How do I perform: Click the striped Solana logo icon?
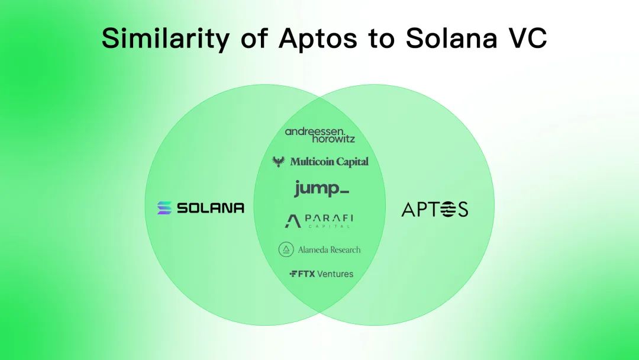pyautogui.click(x=164, y=208)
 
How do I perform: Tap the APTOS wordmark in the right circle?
pyautogui.click(x=434, y=209)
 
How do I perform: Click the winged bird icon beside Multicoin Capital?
pyautogui.click(x=278, y=161)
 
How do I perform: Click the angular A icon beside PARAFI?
pyautogui.click(x=292, y=221)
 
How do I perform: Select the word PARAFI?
pyautogui.click(x=329, y=218)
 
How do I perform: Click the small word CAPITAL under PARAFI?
pyautogui.click(x=329, y=227)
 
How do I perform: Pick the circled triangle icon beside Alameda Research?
pyautogui.click(x=286, y=250)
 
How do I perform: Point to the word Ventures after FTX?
pyautogui.click(x=335, y=274)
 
